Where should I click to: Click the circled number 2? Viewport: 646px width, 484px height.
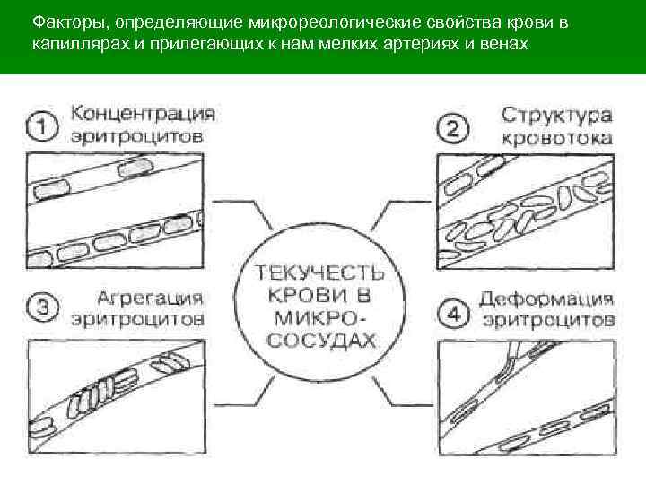click(453, 127)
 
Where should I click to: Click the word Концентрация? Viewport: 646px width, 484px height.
click(144, 114)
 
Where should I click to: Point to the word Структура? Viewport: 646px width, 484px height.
click(557, 116)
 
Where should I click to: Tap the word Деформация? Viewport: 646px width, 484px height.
click(546, 298)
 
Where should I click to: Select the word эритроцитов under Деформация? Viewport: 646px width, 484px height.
click(546, 321)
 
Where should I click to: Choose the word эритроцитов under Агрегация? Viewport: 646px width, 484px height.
click(138, 319)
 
